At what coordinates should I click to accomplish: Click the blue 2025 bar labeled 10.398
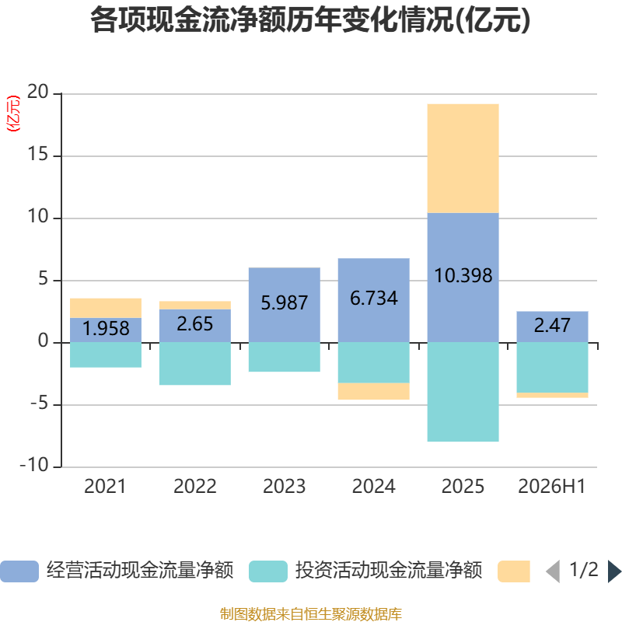463,278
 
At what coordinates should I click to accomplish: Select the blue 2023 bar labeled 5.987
285,305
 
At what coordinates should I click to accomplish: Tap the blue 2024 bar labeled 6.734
374,300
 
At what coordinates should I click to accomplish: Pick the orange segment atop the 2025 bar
463,159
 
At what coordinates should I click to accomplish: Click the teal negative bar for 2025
463,392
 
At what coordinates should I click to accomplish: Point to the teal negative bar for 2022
195,363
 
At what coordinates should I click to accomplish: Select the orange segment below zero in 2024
374,391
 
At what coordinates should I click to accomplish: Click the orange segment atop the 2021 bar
106,308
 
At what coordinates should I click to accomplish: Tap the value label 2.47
552,326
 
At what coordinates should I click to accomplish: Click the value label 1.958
106,329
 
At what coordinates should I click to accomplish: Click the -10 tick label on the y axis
34,465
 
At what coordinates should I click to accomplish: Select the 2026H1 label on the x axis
552,487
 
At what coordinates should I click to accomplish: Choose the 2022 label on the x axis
195,487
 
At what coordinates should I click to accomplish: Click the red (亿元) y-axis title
13,114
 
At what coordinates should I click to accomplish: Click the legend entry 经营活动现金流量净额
117,571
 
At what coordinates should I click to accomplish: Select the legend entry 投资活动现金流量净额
365,571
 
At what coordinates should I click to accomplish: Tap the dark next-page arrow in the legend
614,571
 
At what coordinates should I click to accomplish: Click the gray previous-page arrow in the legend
553,571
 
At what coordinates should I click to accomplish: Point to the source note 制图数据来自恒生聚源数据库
311,614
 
